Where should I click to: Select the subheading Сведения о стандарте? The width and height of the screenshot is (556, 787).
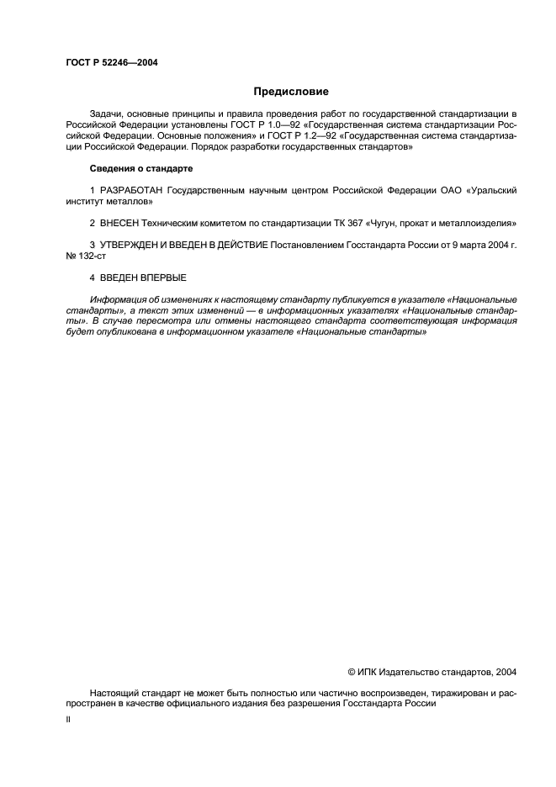[x=141, y=169]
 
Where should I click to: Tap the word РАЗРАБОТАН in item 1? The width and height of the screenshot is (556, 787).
[x=131, y=191]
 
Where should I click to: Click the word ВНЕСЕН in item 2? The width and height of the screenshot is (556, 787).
[x=119, y=223]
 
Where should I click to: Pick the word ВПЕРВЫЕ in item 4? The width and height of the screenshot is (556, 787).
[x=164, y=277]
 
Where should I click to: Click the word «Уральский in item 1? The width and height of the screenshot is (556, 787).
[x=490, y=191]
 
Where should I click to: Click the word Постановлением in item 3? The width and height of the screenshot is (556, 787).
[x=304, y=245]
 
